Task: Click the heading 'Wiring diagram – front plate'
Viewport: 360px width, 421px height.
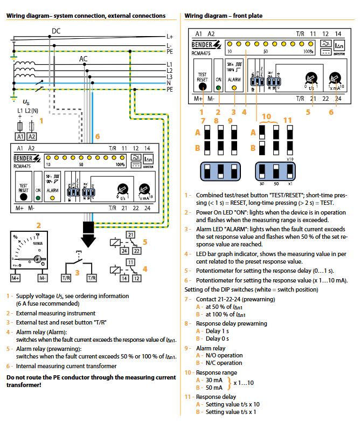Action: [x=224, y=16]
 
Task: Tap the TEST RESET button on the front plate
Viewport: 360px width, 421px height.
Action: [x=203, y=86]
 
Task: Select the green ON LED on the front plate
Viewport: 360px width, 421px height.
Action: [x=218, y=87]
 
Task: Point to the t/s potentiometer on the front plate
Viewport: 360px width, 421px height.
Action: [x=310, y=79]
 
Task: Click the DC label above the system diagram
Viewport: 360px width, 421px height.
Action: [x=56, y=31]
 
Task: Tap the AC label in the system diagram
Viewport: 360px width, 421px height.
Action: [x=84, y=58]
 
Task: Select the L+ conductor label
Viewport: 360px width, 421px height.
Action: [x=170, y=36]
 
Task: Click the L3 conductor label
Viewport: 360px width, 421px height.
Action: [x=170, y=77]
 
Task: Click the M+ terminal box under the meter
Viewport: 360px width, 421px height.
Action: [x=16, y=278]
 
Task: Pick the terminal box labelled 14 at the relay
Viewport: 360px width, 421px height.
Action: [x=124, y=278]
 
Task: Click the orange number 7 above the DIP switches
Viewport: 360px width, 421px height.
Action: [x=203, y=120]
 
